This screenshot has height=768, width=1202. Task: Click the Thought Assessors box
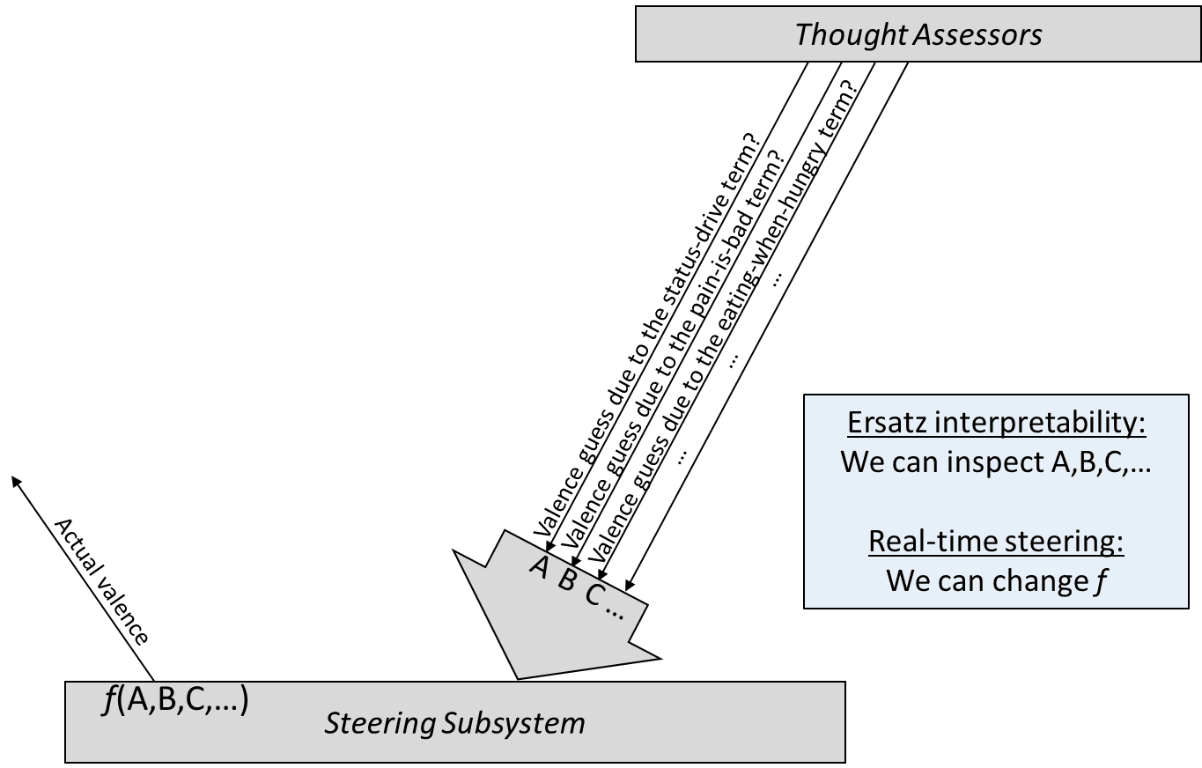tap(918, 35)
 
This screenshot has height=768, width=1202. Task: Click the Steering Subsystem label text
tap(454, 723)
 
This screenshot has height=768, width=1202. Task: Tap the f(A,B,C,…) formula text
tap(176, 701)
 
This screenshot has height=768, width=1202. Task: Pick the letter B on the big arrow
tap(568, 580)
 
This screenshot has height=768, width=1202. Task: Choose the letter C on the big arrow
tap(594, 595)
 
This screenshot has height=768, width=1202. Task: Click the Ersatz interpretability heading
tap(996, 423)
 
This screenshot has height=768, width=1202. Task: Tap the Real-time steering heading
tap(996, 541)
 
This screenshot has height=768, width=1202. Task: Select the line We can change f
tap(996, 580)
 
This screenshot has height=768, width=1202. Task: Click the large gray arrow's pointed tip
tap(518, 677)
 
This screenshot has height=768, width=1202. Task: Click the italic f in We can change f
tap(1100, 581)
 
